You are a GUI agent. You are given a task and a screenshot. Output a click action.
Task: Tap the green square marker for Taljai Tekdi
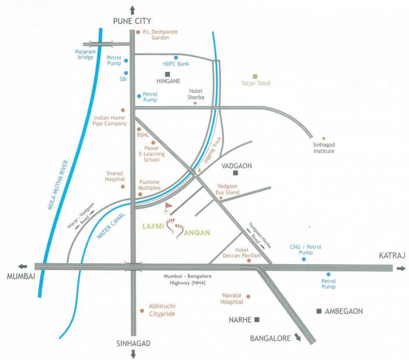(x=254, y=76)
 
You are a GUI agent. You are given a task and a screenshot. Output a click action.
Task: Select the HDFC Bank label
(x=175, y=63)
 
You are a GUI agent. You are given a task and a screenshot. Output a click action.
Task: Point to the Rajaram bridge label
(x=85, y=54)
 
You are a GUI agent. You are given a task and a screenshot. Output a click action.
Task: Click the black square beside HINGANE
(x=167, y=74)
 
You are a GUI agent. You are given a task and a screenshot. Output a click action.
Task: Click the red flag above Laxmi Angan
(x=169, y=206)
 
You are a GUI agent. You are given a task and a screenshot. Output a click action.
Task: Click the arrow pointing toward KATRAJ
(x=400, y=268)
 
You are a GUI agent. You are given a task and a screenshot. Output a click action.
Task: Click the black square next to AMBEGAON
(x=319, y=311)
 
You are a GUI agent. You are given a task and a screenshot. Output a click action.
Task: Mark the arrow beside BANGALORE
(x=297, y=339)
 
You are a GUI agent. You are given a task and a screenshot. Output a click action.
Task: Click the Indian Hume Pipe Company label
(x=110, y=120)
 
